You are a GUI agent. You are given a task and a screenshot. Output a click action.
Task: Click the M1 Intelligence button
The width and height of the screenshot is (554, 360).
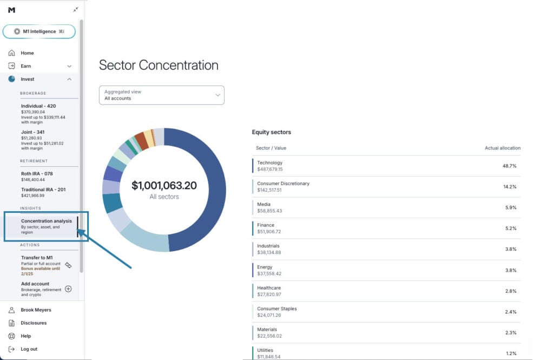coord(39,31)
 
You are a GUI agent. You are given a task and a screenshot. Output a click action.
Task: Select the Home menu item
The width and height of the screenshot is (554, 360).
coord(27,53)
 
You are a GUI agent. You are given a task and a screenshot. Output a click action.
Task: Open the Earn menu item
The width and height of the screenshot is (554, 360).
coord(26,66)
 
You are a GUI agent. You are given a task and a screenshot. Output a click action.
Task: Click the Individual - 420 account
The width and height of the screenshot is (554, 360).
coord(38,106)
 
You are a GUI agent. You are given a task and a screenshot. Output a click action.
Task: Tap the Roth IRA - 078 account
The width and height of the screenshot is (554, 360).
coord(37,174)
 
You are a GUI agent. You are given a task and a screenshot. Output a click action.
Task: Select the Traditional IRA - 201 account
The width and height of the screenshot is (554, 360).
coord(43,189)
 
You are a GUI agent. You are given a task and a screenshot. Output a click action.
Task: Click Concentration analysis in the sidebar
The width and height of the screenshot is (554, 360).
coord(46,221)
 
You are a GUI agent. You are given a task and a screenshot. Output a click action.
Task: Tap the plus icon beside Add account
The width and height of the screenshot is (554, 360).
coord(68,289)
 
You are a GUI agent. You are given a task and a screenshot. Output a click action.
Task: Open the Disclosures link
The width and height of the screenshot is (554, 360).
coord(34,323)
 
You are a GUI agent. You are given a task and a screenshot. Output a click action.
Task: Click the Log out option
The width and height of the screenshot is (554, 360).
coord(29,349)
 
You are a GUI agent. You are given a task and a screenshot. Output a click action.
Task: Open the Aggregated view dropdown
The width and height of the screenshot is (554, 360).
coord(161,95)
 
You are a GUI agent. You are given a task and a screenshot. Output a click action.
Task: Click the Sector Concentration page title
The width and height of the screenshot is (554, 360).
coord(159,66)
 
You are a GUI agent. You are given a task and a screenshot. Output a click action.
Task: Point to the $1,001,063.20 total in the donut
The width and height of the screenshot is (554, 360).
coord(164,186)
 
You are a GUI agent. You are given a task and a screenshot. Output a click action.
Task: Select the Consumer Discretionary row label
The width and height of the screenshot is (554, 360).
coord(283,184)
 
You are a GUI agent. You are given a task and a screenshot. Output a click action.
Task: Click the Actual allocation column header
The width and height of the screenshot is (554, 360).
coord(502,148)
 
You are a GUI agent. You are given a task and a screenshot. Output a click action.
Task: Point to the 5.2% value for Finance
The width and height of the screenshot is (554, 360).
coord(510,228)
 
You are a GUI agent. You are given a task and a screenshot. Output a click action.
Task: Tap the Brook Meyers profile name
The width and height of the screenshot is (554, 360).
coord(36,310)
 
